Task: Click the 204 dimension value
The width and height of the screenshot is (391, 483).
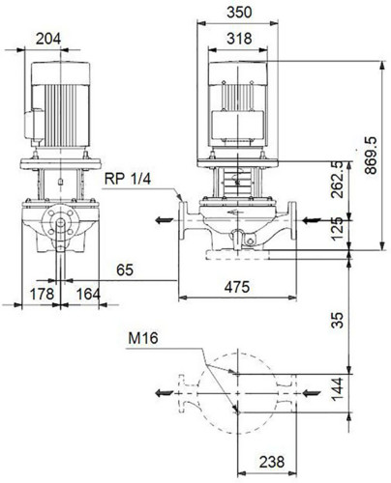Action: pos(48,39)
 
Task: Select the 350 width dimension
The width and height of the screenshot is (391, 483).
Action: pos(239,13)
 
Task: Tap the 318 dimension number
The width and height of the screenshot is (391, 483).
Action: pos(239,39)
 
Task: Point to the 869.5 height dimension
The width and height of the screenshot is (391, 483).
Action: pos(371,156)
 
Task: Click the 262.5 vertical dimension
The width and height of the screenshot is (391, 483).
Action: pos(338,180)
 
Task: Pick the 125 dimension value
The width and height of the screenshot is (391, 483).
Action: pos(338,229)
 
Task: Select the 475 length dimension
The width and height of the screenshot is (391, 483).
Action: pos(237,287)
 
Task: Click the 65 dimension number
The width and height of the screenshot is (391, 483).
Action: pos(125,270)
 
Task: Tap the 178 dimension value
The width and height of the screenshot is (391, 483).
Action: pos(42,294)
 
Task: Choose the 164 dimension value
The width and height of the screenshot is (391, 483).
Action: pos(88,294)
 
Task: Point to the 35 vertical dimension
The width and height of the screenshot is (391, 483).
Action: pos(338,320)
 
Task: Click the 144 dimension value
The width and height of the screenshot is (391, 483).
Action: pos(338,389)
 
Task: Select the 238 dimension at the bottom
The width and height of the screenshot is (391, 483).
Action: pos(272,462)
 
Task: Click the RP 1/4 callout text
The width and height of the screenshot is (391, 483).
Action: pos(128,179)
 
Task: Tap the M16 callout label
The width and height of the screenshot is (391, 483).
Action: pos(143,338)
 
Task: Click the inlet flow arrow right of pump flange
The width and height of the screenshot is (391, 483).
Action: pos(312,220)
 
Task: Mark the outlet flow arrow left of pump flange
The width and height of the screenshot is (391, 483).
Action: pos(165,220)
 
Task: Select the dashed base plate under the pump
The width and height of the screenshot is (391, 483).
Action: pos(237,254)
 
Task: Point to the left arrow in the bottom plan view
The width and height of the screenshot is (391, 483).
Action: pos(165,393)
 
